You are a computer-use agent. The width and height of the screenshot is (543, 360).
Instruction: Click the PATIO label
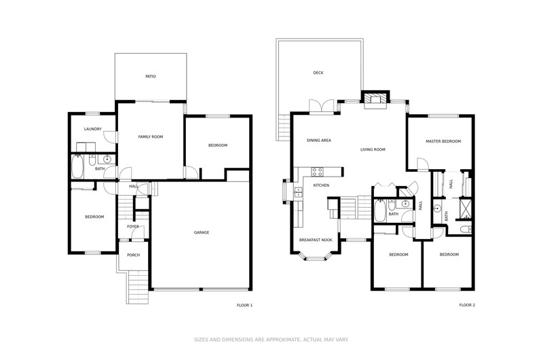(x=151, y=76)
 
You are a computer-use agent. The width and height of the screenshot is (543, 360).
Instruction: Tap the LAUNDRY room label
(x=93, y=129)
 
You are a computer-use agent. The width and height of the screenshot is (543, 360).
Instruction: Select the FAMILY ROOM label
(x=150, y=137)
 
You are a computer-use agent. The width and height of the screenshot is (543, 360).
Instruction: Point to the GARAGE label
(x=201, y=232)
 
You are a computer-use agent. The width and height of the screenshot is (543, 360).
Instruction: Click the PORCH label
(x=133, y=255)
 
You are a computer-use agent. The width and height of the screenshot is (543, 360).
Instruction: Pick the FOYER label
(x=133, y=227)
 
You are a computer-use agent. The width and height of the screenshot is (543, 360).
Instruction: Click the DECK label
(x=318, y=73)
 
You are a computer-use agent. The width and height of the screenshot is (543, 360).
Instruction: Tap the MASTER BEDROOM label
(x=443, y=141)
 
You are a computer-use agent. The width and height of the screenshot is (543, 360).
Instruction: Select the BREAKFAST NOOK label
(x=316, y=240)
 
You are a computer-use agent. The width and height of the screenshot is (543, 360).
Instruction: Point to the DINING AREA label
(x=319, y=141)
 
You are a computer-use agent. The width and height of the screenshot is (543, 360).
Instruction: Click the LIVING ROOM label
(x=373, y=149)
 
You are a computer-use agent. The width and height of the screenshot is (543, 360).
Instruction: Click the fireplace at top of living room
(x=375, y=99)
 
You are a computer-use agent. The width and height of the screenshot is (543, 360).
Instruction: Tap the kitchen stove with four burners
(x=317, y=172)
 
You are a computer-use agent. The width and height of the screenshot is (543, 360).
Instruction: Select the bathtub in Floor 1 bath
(x=77, y=166)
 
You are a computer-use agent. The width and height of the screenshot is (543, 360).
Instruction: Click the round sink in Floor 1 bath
(x=107, y=160)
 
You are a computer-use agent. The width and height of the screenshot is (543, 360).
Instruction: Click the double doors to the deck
(x=322, y=106)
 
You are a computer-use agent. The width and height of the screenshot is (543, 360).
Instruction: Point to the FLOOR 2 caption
(x=467, y=305)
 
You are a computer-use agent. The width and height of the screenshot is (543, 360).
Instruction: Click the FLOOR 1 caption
(x=244, y=305)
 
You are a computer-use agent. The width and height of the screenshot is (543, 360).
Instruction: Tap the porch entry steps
(x=138, y=287)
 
